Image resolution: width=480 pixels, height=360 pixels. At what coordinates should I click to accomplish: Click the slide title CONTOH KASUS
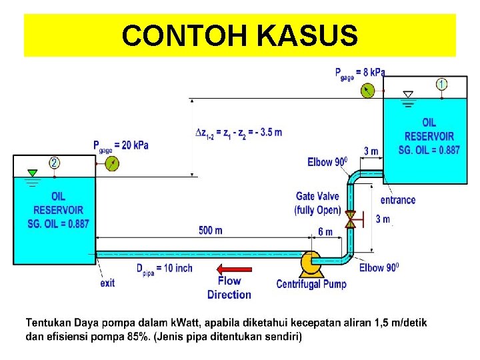239,35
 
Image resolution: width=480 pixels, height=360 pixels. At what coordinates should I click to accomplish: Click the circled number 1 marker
442,84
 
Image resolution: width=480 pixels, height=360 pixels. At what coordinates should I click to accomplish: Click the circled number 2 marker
54,162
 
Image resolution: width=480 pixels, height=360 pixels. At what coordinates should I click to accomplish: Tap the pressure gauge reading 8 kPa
366,91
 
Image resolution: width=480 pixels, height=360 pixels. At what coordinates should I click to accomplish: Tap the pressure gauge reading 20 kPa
112,163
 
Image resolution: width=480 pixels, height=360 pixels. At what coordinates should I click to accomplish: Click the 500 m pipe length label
211,231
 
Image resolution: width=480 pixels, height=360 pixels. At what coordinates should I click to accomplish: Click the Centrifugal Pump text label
312,285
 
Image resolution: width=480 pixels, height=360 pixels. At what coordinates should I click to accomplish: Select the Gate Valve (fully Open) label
317,203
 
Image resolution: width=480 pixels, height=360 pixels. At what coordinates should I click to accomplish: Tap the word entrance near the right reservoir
398,200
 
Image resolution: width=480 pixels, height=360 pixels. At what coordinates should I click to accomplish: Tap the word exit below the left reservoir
107,283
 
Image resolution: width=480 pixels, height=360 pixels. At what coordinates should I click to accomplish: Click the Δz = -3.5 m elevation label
238,132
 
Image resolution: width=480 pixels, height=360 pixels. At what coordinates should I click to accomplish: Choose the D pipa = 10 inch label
164,268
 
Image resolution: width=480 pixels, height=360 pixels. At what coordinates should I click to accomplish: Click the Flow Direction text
229,288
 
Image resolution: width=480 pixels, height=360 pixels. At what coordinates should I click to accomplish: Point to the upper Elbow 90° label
329,162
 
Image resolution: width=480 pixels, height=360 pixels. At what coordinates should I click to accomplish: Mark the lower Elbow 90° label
379,268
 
